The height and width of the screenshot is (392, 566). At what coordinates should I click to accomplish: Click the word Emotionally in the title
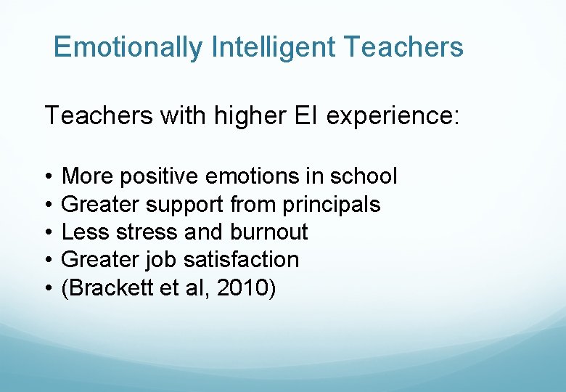click(128, 48)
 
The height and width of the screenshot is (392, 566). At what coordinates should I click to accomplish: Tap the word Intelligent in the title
click(274, 48)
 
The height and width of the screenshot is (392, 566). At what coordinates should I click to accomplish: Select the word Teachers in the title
click(403, 48)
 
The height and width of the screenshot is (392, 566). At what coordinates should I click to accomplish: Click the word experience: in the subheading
click(393, 115)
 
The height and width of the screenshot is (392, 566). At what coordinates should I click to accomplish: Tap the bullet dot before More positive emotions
click(47, 176)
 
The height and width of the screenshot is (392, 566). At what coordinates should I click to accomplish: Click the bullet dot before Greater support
click(47, 205)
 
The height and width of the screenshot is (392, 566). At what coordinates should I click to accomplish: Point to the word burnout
click(268, 232)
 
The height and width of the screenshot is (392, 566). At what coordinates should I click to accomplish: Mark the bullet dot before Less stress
click(47, 232)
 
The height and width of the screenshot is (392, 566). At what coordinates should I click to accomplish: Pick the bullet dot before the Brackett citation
click(47, 288)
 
